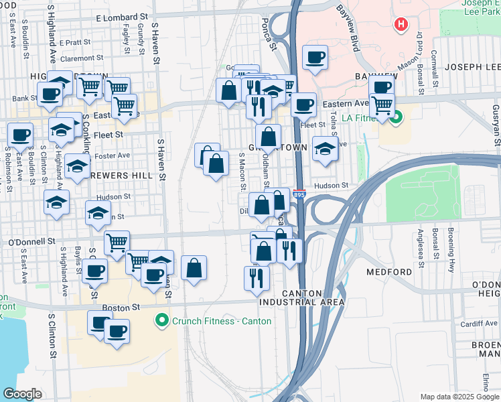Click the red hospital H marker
point(401,25)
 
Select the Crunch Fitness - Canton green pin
point(161,321)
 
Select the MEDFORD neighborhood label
point(389,272)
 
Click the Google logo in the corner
point(22,393)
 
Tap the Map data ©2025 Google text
point(459,397)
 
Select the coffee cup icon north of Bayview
point(314,58)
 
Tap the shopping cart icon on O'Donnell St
point(117,241)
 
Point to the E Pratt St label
point(79,42)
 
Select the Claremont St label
point(82,58)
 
